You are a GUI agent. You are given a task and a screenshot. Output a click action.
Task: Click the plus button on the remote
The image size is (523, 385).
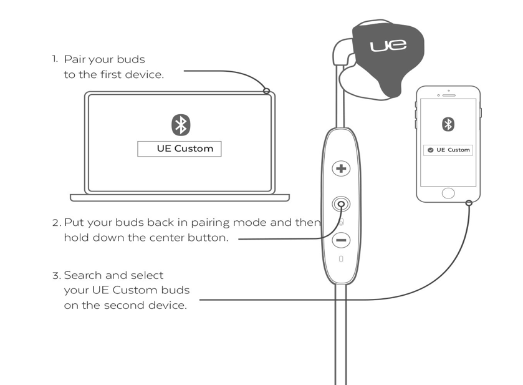point(340,168)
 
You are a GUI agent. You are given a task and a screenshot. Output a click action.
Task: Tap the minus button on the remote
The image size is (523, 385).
point(341,240)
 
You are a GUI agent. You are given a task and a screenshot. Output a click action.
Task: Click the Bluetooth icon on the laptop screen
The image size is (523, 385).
point(181,125)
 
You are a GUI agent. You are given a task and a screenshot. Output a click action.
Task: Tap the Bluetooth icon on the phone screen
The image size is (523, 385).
point(448,124)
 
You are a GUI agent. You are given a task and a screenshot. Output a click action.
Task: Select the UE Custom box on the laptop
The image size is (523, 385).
point(180,149)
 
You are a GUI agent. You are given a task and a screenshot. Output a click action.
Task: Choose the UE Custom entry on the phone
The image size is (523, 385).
point(448,150)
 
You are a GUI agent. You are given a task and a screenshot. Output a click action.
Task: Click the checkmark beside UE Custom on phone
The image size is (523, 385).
point(430,150)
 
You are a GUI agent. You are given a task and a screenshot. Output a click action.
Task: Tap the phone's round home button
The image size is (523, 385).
point(448,193)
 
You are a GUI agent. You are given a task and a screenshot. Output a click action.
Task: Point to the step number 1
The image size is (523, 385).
point(54,59)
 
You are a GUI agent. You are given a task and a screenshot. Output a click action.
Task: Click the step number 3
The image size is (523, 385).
point(55,275)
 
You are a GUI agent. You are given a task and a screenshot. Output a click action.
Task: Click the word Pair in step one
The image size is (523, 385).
point(75,59)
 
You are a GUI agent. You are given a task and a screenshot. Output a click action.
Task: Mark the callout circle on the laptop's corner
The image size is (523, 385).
point(267,91)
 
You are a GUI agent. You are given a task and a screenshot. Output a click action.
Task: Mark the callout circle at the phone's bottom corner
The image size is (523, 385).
point(469,202)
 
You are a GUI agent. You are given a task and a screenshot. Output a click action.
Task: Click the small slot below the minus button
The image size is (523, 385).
point(341,259)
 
